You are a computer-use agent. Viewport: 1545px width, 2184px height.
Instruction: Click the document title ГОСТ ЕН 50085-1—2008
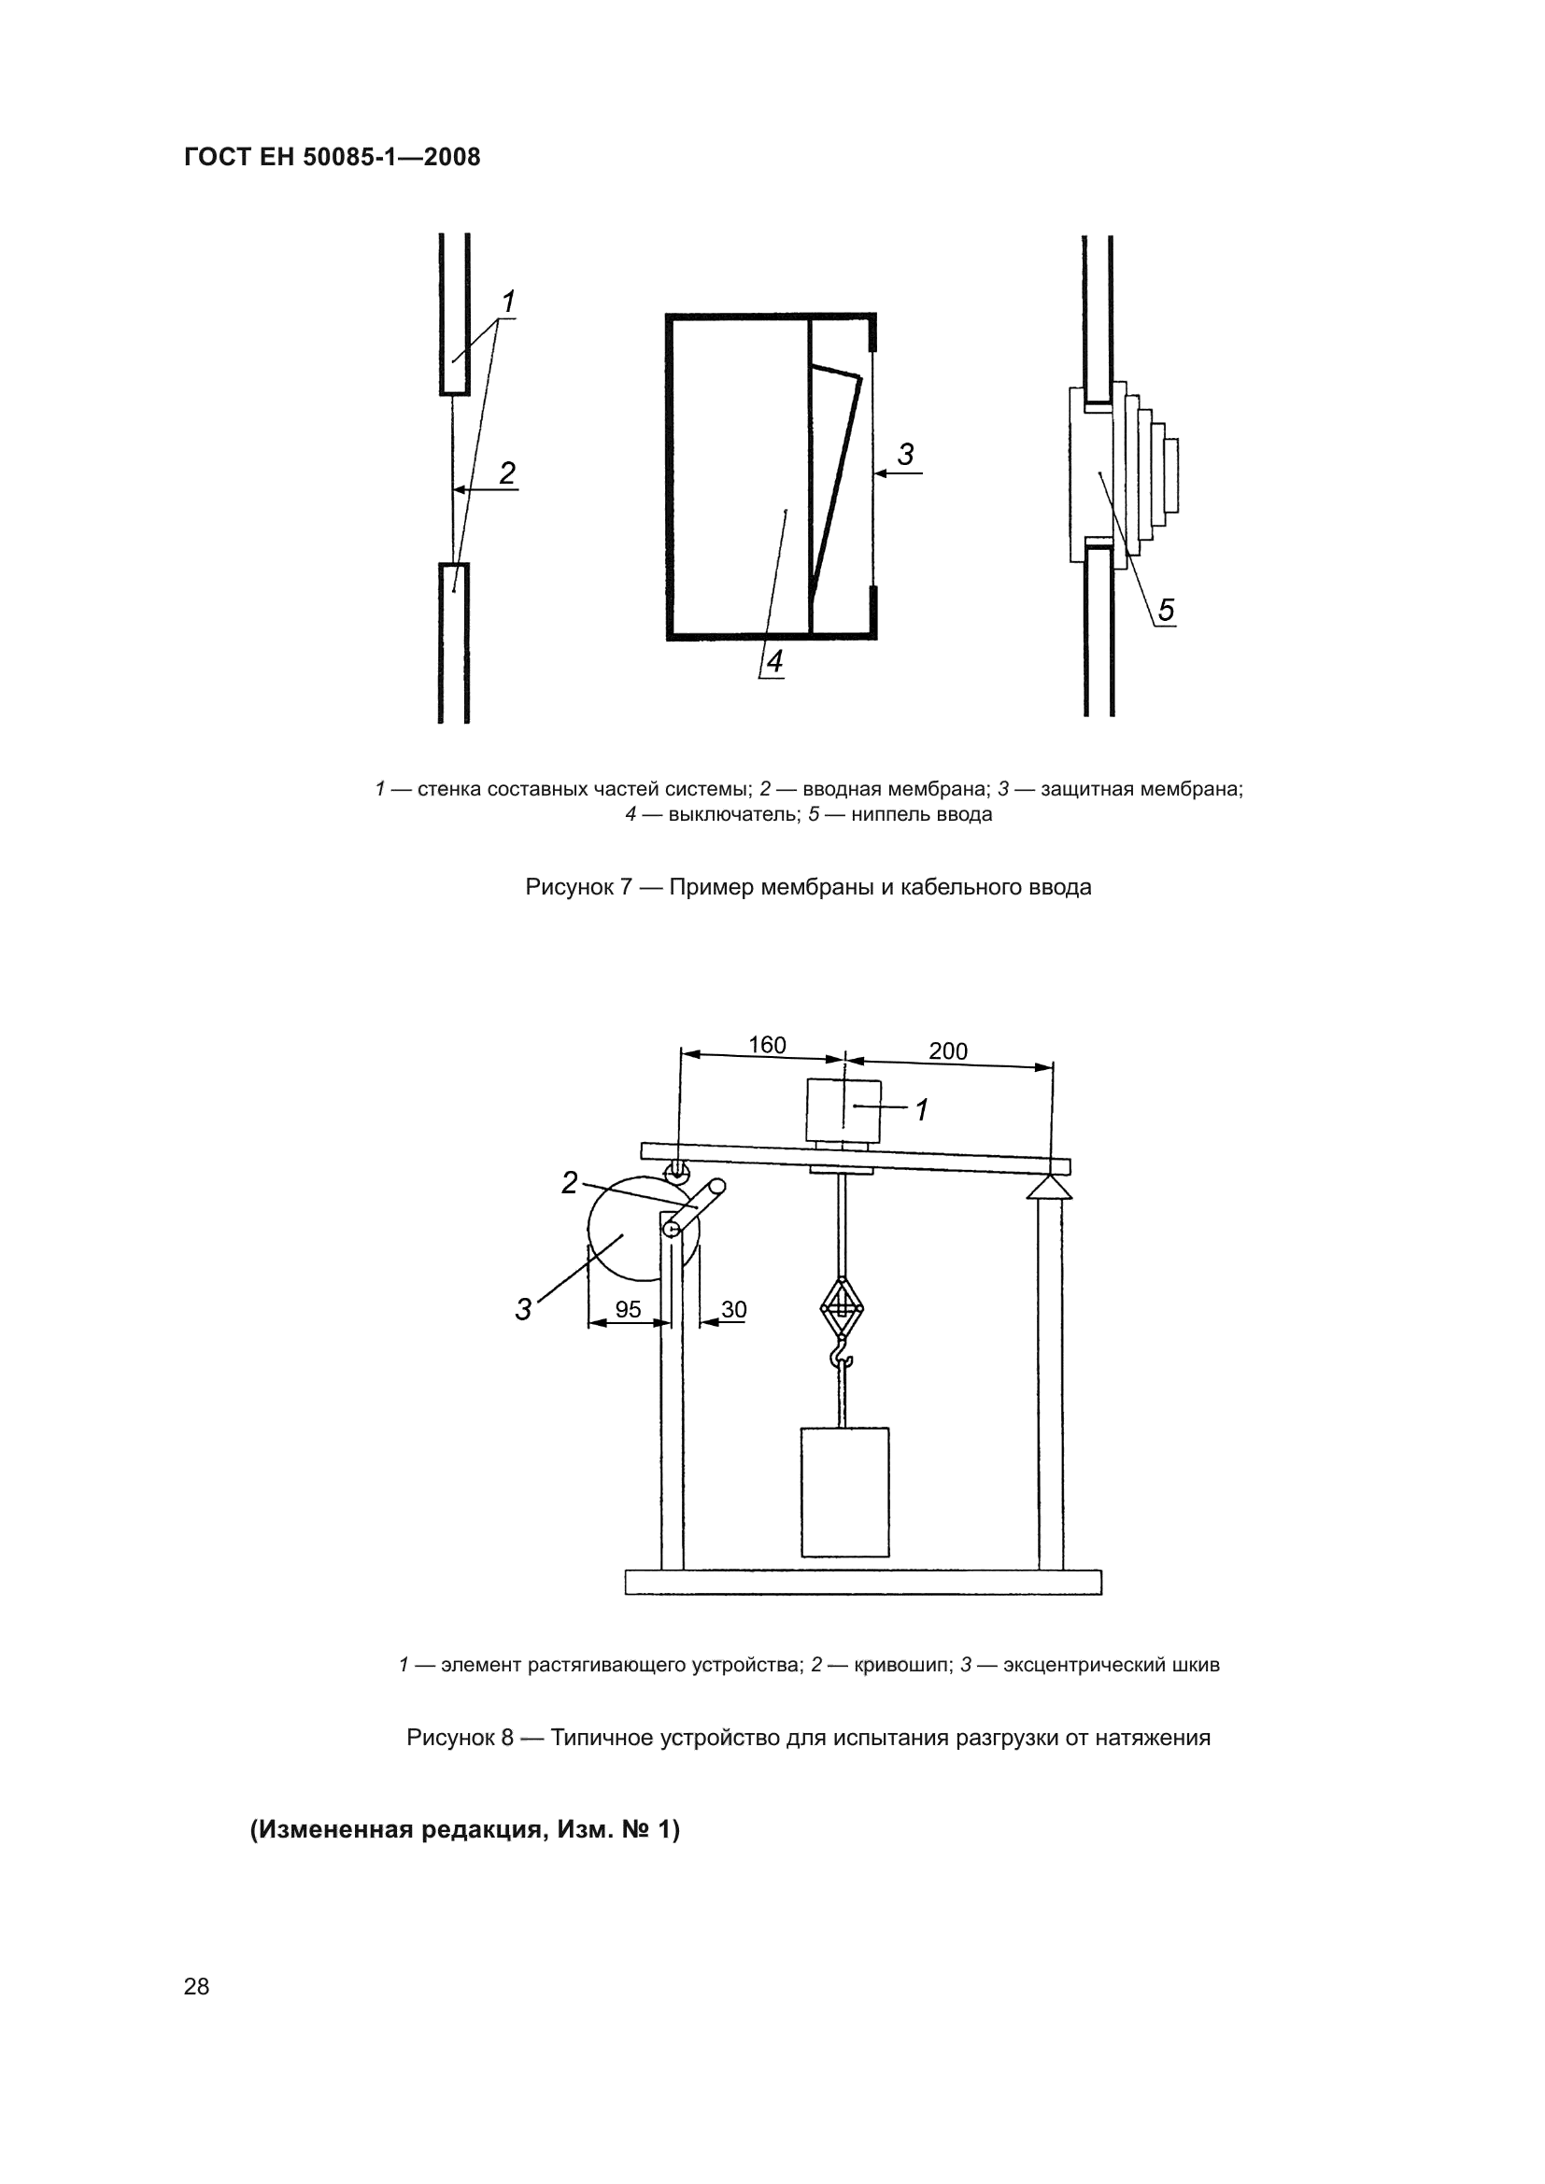332,157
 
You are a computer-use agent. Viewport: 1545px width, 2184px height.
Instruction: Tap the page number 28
196,1986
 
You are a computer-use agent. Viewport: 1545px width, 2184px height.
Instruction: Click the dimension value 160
767,1046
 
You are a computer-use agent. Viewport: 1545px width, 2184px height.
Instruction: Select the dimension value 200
947,1051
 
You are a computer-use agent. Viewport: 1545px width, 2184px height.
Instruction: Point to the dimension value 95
628,1310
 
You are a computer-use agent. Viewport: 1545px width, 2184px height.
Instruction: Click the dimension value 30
733,1310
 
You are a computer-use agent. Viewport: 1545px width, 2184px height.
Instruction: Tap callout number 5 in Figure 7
1166,610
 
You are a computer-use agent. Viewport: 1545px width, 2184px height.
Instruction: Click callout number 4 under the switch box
774,662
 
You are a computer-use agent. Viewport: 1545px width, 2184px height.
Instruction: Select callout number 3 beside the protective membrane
905,455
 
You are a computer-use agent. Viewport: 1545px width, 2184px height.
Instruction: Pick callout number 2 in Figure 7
507,472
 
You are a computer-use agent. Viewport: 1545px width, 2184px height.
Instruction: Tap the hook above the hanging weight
841,1355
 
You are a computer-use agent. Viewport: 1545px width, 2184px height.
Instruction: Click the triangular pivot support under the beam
1049,1188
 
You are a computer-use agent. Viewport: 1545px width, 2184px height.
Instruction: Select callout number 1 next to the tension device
921,1110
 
